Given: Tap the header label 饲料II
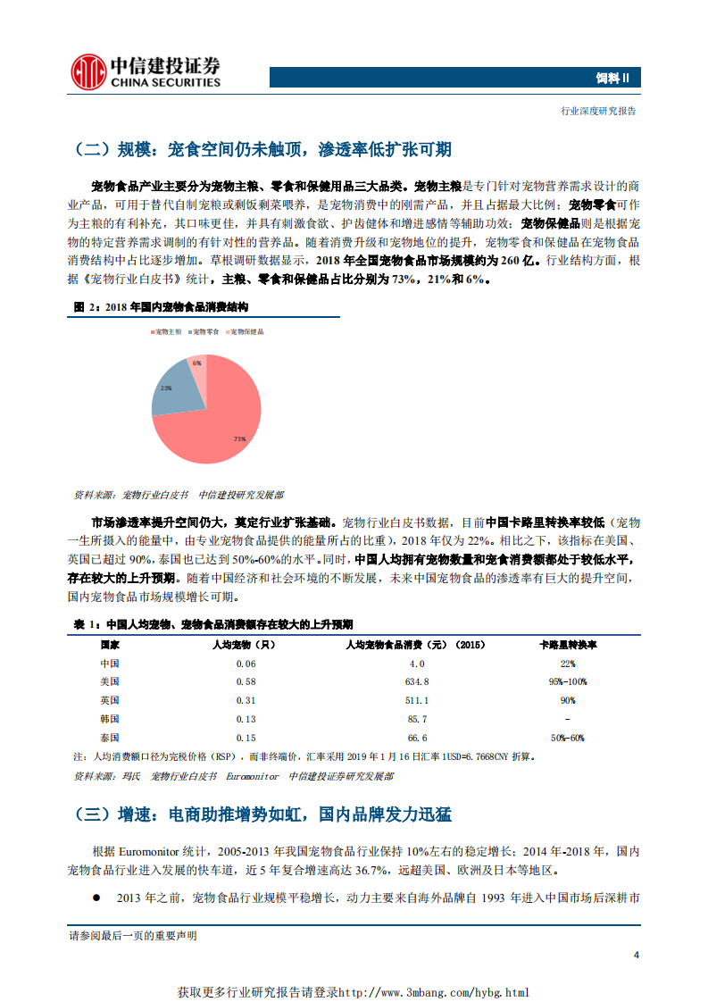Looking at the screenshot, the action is coord(613,78).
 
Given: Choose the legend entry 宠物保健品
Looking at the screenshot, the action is coord(244,330).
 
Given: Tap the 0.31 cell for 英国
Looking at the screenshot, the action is coord(246,700).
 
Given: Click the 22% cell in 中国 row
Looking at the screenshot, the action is coord(568,664).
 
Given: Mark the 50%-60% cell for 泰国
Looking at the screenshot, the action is coord(568,738).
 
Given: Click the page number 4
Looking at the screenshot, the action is coord(636,955).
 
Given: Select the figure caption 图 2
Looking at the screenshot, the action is coord(161,306).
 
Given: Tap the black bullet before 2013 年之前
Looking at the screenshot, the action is coord(96,897).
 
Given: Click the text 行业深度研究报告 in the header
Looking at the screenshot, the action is coord(598,111).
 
